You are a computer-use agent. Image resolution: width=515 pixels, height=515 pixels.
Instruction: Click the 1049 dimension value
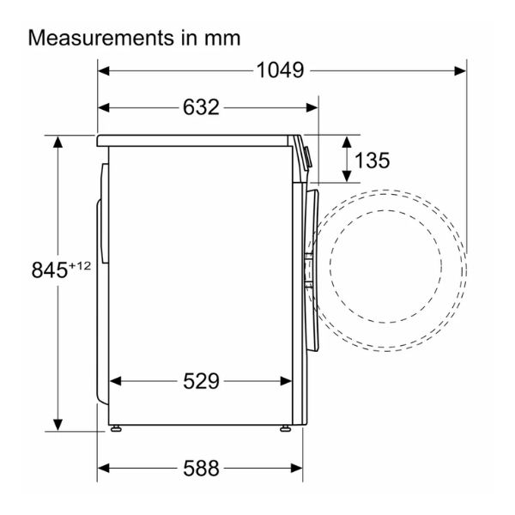tap(280, 70)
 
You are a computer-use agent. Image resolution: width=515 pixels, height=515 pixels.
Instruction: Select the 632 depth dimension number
tap(201, 107)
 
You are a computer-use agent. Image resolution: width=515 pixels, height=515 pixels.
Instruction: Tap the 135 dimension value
tap(373, 161)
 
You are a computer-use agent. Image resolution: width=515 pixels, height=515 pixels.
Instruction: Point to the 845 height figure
tap(49, 270)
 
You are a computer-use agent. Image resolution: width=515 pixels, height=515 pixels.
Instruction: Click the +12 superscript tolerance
tap(79, 266)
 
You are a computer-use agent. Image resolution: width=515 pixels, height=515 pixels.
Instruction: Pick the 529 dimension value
tap(201, 381)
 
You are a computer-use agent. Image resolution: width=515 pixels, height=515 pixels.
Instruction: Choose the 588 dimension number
tap(201, 468)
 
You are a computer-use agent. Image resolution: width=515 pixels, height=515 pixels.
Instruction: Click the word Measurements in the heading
tap(101, 38)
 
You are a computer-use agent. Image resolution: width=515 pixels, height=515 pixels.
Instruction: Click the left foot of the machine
tap(116, 428)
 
